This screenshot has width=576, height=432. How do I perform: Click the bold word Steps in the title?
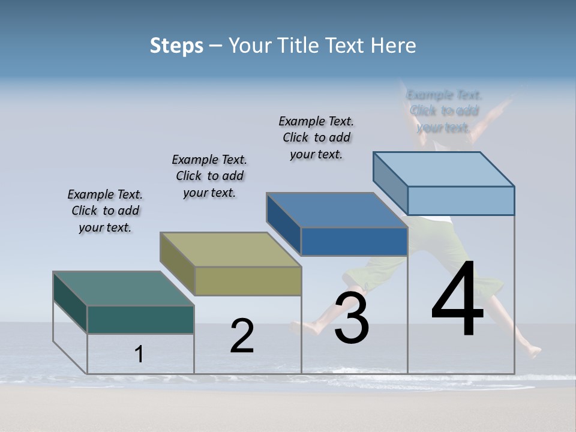(176, 46)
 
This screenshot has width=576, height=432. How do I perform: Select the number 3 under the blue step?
(352, 318)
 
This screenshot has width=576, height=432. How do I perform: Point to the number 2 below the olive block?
(242, 336)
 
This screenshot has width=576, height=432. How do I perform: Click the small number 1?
(139, 355)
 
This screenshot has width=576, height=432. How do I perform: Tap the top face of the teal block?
(124, 289)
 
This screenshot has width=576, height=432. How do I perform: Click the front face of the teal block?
(140, 319)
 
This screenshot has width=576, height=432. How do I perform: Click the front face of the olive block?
(248, 281)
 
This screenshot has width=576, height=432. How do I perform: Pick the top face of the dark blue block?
(337, 210)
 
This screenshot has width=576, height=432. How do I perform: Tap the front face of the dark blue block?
(354, 241)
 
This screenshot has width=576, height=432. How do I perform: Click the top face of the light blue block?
(443, 169)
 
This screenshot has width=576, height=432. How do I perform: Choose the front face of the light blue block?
(461, 200)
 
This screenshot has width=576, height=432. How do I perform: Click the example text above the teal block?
(105, 211)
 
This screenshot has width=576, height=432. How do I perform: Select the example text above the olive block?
(209, 176)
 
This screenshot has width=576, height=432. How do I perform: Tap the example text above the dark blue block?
(316, 137)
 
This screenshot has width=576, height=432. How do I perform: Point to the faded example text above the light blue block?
(444, 111)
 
